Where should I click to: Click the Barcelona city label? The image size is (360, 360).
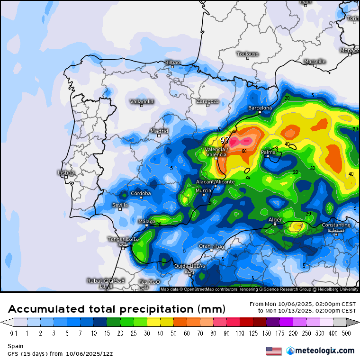point(260,108)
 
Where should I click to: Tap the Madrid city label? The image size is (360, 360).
point(159,131)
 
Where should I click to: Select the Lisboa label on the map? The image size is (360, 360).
point(66,173)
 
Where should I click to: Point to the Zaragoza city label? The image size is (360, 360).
point(207,101)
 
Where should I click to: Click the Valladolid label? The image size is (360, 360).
point(142,101)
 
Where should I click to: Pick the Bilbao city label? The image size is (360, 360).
point(172,63)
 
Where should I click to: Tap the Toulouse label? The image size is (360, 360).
point(248,54)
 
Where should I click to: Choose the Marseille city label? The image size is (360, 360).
point(315,62)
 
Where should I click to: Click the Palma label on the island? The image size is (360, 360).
point(268,153)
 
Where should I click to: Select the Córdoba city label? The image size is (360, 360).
point(141,193)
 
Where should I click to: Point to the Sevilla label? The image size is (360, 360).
point(120,205)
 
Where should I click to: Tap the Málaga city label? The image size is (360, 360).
point(147,222)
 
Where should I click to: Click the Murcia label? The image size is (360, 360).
point(203,191)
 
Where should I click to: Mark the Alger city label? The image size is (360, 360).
point(275,220)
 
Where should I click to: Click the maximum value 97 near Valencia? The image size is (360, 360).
point(225,140)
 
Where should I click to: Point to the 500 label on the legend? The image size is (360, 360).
point(346,333)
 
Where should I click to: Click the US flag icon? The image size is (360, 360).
point(274,351)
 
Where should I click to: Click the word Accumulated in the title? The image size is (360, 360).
point(47,309)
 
